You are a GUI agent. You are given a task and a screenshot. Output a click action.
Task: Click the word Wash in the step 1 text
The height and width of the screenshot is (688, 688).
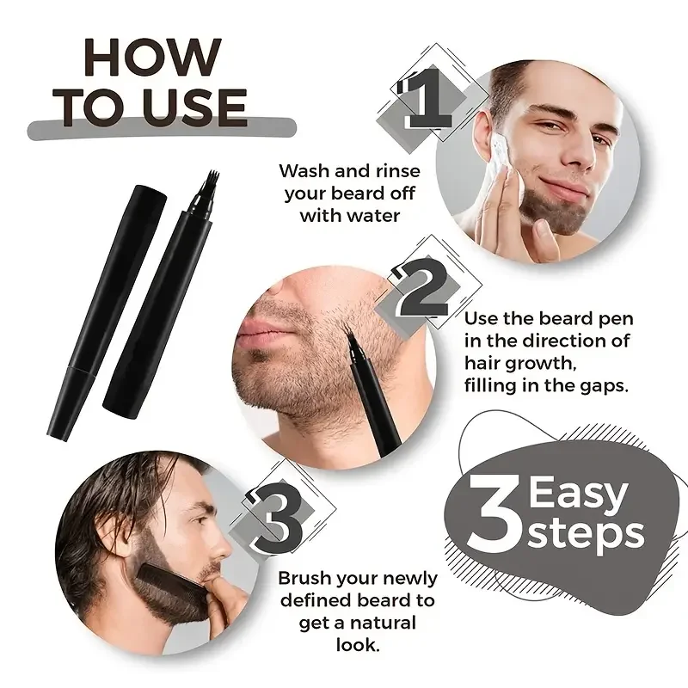pos(306,170)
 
